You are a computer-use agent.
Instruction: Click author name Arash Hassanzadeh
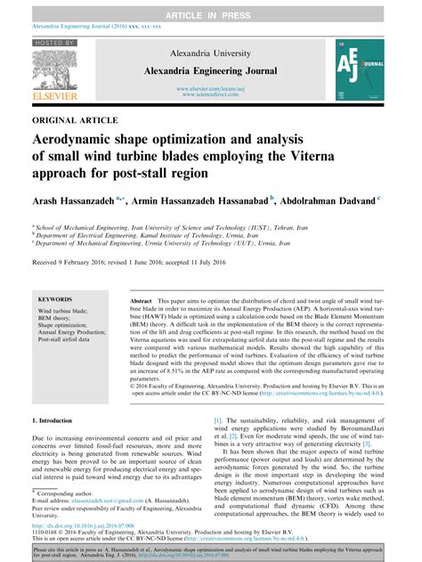73,202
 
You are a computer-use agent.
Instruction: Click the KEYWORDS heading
56,300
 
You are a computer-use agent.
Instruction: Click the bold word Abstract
142,302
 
